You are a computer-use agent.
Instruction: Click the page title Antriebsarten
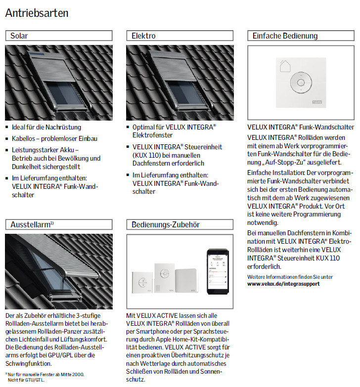[37, 13]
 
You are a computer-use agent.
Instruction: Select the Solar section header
[58, 36]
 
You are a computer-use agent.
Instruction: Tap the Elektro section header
[180, 36]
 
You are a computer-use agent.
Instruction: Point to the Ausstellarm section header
[58, 224]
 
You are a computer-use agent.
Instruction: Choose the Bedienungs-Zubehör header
[180, 224]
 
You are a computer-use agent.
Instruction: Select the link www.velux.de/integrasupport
[283, 284]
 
